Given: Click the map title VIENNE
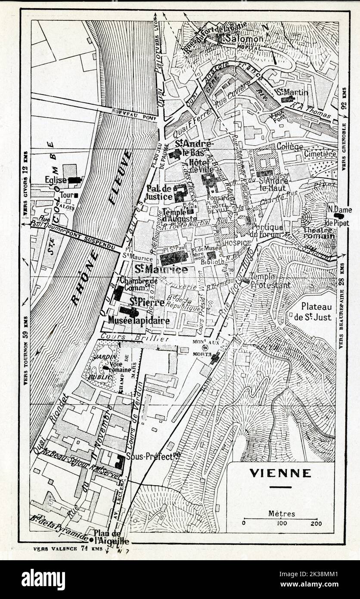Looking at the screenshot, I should [280, 473].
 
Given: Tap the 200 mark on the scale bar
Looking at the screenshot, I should [316, 523].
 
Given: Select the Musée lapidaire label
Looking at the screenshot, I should [139, 321].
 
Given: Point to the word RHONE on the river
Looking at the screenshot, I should [85, 278].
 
